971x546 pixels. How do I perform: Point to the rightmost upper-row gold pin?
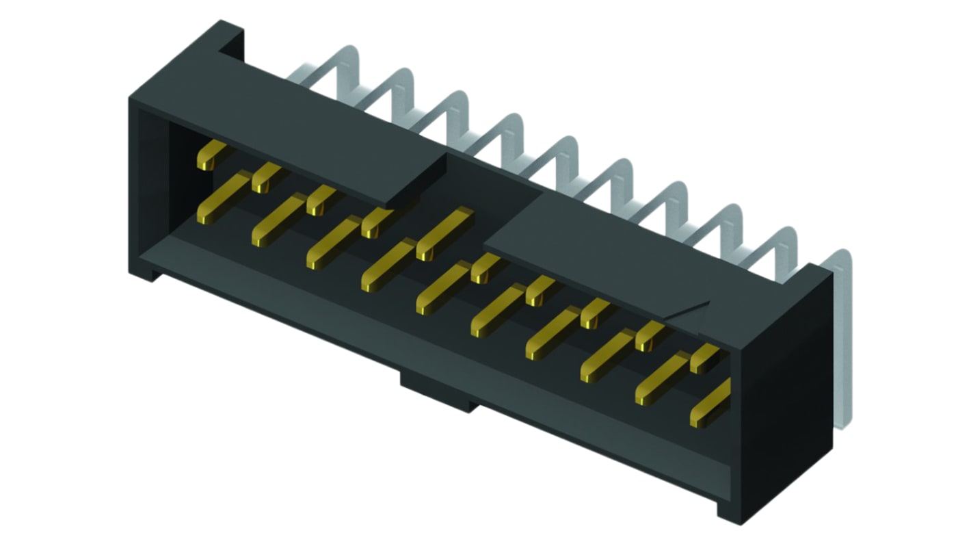704,358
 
